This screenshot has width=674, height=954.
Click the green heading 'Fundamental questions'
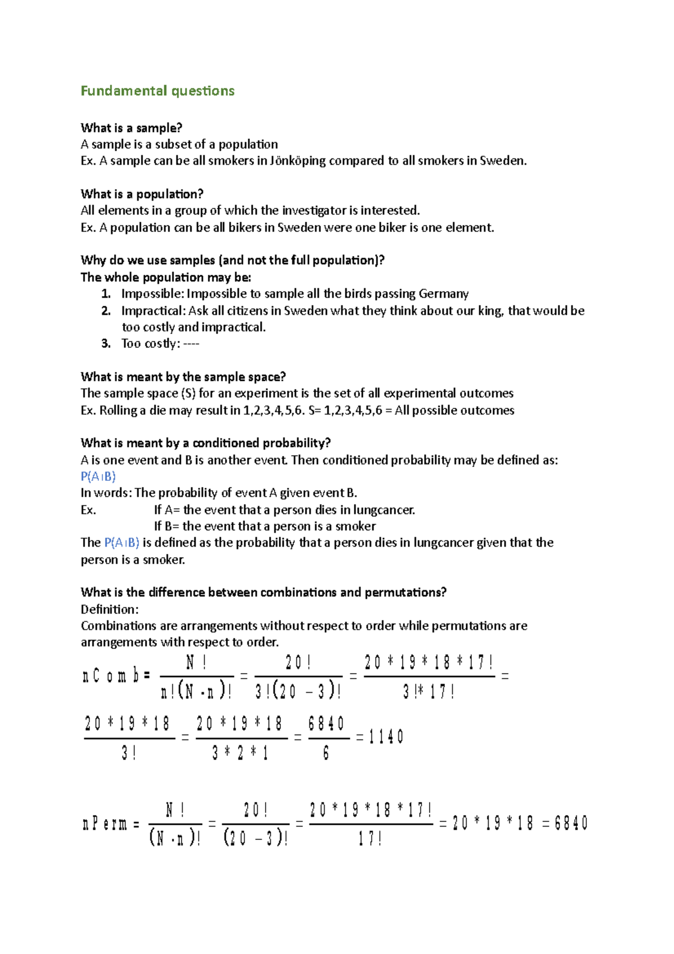click(x=157, y=91)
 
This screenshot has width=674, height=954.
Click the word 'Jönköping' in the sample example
click(x=298, y=161)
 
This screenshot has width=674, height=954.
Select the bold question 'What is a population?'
click(x=142, y=194)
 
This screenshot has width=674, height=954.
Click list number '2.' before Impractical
click(x=106, y=311)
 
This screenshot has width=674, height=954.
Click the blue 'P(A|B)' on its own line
click(x=98, y=476)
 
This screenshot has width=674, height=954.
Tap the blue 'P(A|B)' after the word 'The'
click(x=122, y=543)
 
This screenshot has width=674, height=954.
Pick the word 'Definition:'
click(x=110, y=609)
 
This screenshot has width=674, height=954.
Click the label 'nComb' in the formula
click(x=111, y=675)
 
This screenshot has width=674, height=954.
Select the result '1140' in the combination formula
click(x=386, y=737)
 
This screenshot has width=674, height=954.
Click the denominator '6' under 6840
click(x=326, y=753)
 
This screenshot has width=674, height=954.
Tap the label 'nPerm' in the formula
click(x=105, y=824)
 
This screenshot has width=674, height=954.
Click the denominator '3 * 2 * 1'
click(x=240, y=753)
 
